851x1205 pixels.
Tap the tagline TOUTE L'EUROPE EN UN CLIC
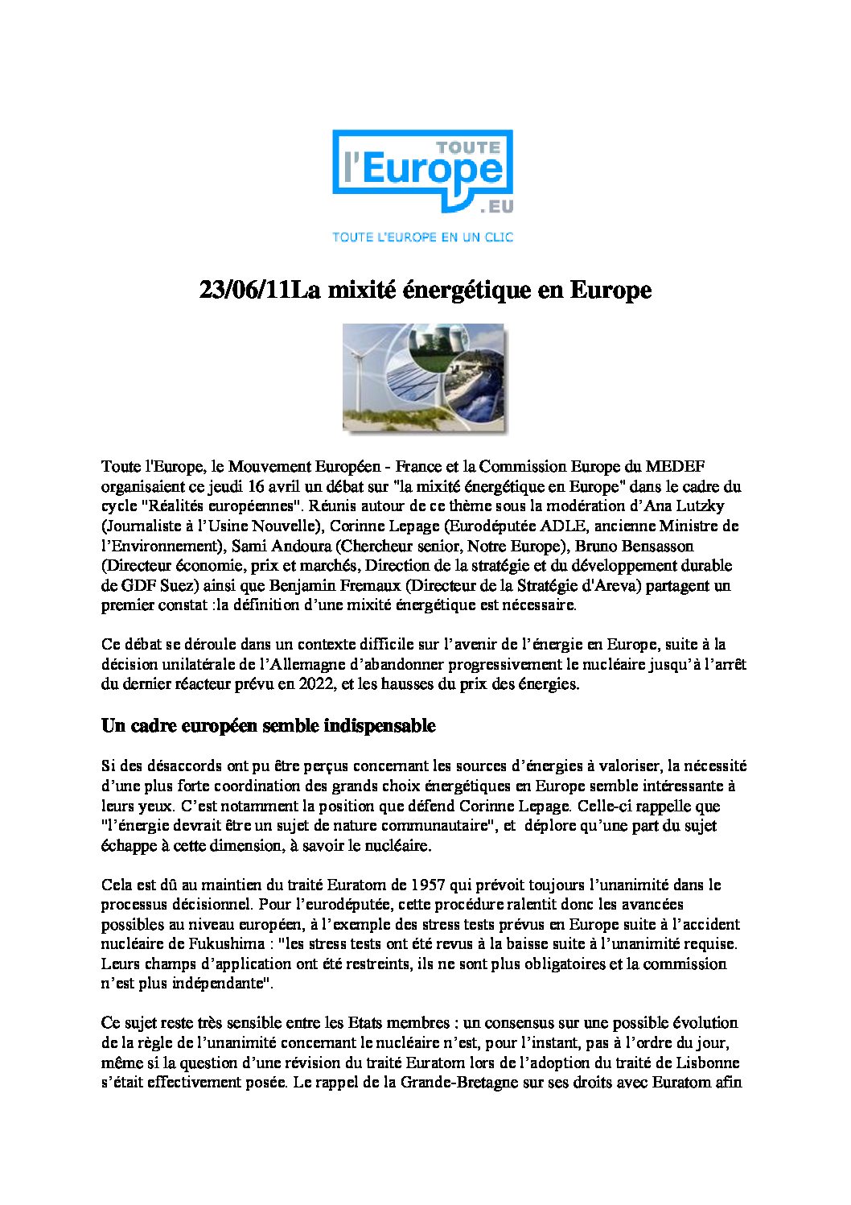[423, 237]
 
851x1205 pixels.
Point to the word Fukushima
[220, 943]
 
